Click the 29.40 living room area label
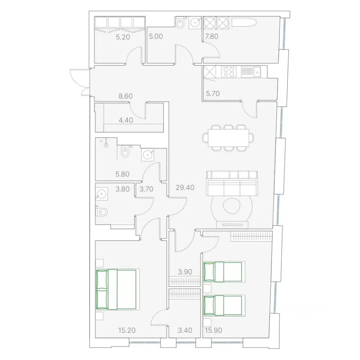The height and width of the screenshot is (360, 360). [x=185, y=187]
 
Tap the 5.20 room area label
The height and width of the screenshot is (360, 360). [x=123, y=37]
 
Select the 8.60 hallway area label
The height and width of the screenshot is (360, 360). [x=126, y=96]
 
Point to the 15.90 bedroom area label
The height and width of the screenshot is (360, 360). [x=213, y=330]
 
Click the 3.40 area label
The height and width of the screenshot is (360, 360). [x=185, y=330]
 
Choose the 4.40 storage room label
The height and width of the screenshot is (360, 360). [x=126, y=120]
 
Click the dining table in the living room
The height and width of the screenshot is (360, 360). [x=228, y=138]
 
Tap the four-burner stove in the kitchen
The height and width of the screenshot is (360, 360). [x=229, y=71]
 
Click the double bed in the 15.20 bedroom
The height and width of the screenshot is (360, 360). [x=116, y=289]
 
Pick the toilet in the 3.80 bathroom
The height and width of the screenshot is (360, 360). [x=102, y=212]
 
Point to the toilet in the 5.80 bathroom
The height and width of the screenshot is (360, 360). [x=125, y=152]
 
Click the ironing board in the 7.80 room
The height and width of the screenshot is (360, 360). [x=244, y=22]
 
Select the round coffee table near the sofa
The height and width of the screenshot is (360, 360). [x=231, y=206]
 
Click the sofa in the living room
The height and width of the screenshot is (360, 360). [x=232, y=183]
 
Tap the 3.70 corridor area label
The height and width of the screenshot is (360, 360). [x=146, y=189]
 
